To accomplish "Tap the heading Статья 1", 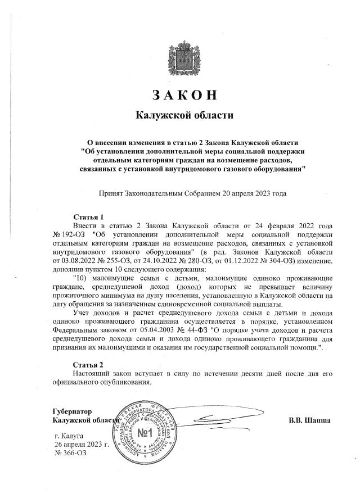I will click(89, 216).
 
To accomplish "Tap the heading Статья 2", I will click(89, 365).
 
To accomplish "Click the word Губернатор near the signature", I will click(72, 411).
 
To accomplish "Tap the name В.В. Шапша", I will click(309, 420).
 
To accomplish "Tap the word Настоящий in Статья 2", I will click(93, 373).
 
